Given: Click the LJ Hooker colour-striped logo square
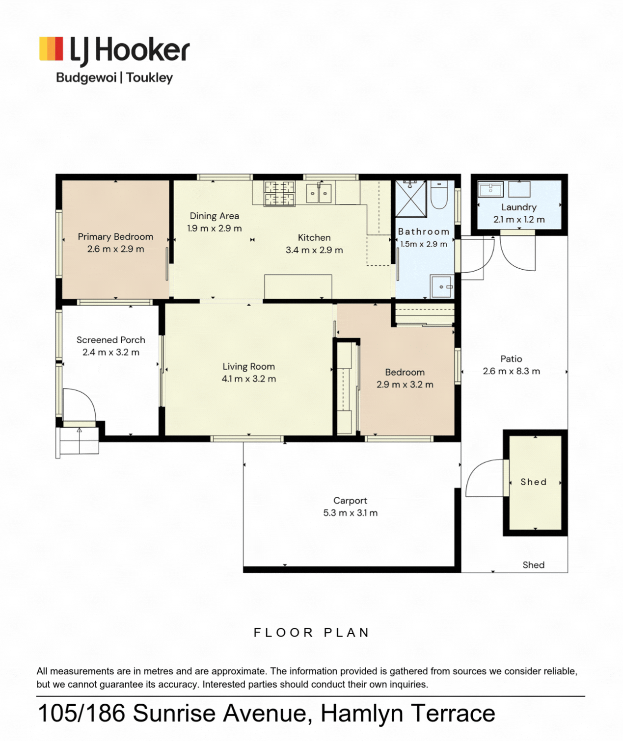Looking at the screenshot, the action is (x=51, y=49).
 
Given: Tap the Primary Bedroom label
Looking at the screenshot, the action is (x=115, y=237).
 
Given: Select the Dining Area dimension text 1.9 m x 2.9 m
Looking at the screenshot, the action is (x=215, y=228).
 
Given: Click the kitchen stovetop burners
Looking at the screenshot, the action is (x=279, y=193).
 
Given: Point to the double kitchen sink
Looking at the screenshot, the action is (x=319, y=193).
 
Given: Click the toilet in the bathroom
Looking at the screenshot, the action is (x=439, y=195).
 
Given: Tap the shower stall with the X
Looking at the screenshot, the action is (x=410, y=199).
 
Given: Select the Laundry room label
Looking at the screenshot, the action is (x=519, y=207).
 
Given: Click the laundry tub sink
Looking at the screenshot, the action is (x=490, y=189).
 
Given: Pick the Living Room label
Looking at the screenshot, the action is (x=249, y=367).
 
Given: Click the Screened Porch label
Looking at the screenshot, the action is (x=111, y=340).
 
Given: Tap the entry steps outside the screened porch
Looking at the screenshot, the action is (x=77, y=441).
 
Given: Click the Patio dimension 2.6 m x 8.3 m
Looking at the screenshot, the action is (x=512, y=371).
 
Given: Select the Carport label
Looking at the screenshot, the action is (x=351, y=501).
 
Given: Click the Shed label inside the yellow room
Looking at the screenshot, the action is (x=534, y=482).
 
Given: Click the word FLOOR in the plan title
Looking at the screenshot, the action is (x=283, y=633).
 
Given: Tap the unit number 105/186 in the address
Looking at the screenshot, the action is (x=81, y=714).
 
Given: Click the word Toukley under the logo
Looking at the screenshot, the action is (x=150, y=77).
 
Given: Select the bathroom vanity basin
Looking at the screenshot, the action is (x=442, y=286).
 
